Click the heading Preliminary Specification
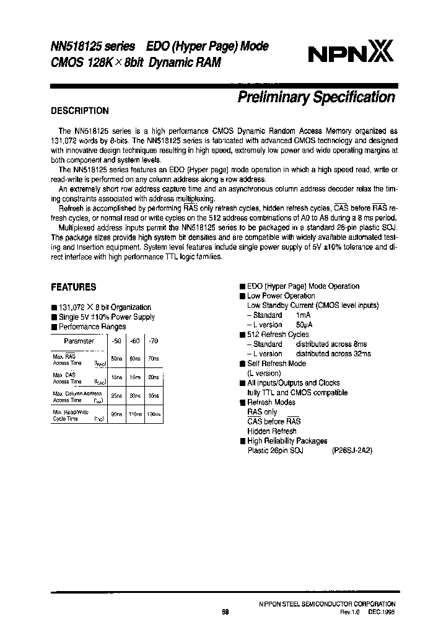[317, 97]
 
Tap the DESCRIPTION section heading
[79, 111]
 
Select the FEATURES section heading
[73, 287]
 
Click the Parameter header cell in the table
[79, 341]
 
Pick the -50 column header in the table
[116, 341]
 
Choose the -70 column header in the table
[154, 341]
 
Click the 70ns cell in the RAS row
[154, 359]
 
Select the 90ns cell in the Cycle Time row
[116, 413]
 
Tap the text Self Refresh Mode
[276, 364]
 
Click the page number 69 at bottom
[225, 611]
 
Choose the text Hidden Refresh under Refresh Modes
[271, 431]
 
